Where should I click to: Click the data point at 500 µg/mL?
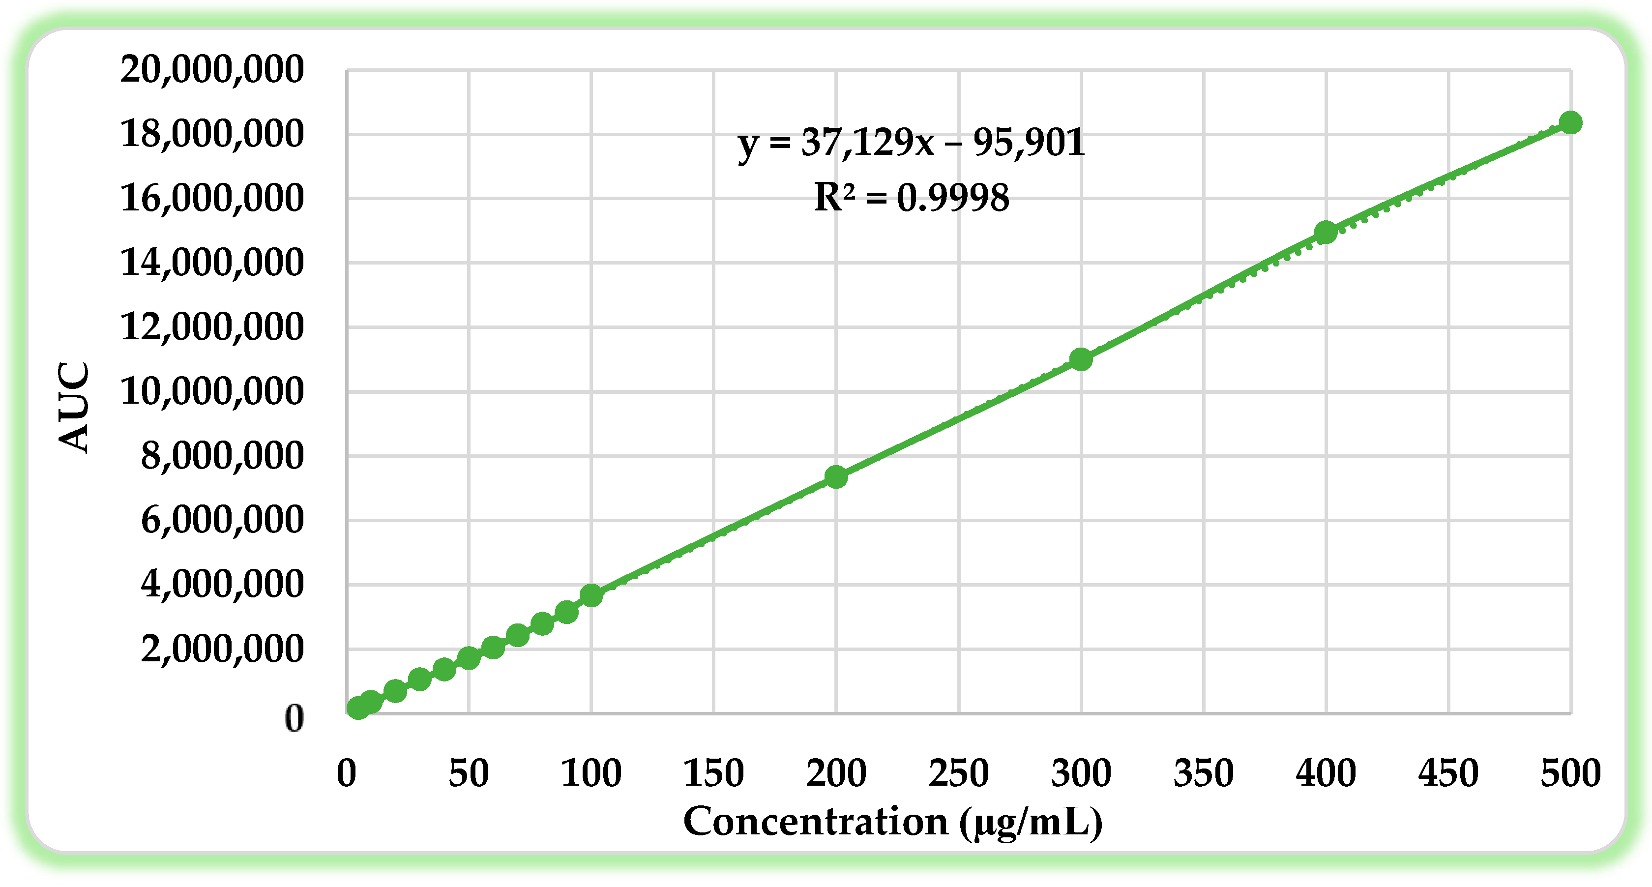coord(1570,122)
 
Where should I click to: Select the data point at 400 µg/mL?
coord(1326,232)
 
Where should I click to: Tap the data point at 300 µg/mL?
coord(1081,359)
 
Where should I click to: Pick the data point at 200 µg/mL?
coord(836,476)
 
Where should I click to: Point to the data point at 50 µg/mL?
coord(469,657)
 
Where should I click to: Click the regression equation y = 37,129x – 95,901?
coord(911,143)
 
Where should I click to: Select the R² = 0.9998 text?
coord(911,198)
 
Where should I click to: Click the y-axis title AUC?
coord(74,407)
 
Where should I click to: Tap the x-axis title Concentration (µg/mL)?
coord(893,822)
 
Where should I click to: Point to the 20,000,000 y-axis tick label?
coord(211,69)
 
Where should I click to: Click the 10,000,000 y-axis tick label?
coord(211,391)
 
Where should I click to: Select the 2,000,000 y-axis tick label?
coord(222,649)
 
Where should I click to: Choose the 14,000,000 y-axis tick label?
coord(211,263)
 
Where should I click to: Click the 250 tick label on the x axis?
coord(958,773)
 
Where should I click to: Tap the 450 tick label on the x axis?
coord(1448,773)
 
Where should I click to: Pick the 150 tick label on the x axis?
coord(713,773)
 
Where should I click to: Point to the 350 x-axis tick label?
coord(1203,773)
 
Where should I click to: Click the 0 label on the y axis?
coord(294,718)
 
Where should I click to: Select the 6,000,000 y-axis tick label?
coord(222,520)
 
